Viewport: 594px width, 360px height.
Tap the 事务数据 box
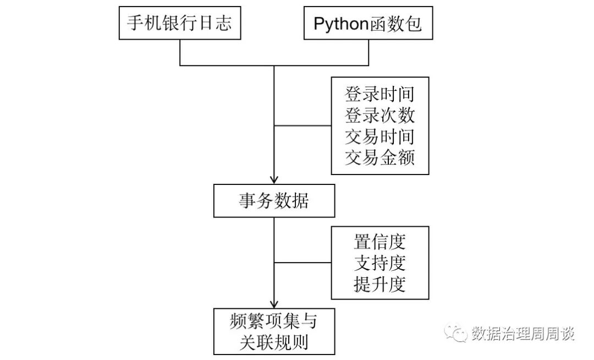point(273,201)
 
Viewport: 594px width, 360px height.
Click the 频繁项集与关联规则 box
point(273,331)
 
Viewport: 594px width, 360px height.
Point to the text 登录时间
point(380,94)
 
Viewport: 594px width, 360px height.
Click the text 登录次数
point(380,116)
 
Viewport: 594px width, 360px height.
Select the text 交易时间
point(380,137)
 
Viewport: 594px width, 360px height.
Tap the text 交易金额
point(380,158)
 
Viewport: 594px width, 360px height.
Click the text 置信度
point(380,242)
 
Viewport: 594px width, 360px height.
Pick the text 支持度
point(380,263)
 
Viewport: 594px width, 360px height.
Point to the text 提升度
point(380,285)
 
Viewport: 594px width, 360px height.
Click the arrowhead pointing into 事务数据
point(273,179)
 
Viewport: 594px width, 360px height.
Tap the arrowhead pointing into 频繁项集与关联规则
point(273,304)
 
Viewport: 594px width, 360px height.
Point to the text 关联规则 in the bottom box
point(273,342)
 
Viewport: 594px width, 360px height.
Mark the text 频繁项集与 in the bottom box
point(273,320)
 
